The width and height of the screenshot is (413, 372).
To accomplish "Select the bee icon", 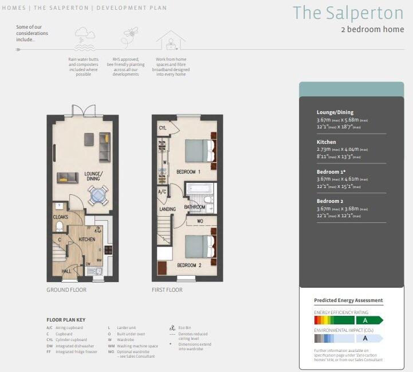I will (128, 37).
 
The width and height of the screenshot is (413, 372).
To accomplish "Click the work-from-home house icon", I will (171, 40).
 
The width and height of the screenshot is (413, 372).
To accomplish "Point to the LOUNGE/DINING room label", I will (93, 176).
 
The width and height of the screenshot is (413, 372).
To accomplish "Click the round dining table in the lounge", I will (96, 196).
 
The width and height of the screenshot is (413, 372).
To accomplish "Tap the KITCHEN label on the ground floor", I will (87, 239).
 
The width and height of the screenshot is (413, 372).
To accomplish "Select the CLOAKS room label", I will (61, 217).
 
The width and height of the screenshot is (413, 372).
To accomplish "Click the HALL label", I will (66, 271).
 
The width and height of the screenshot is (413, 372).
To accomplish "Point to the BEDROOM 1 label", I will (188, 172).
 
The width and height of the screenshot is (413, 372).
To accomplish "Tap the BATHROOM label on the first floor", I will (195, 207).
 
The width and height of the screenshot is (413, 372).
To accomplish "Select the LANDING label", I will (167, 209).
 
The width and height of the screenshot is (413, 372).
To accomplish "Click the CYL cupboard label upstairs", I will (163, 128).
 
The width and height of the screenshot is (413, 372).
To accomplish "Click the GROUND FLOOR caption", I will (66, 290).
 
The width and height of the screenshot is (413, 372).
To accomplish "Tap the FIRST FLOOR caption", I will (167, 290).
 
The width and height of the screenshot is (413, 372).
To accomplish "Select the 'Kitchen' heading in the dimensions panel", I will (326, 142).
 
